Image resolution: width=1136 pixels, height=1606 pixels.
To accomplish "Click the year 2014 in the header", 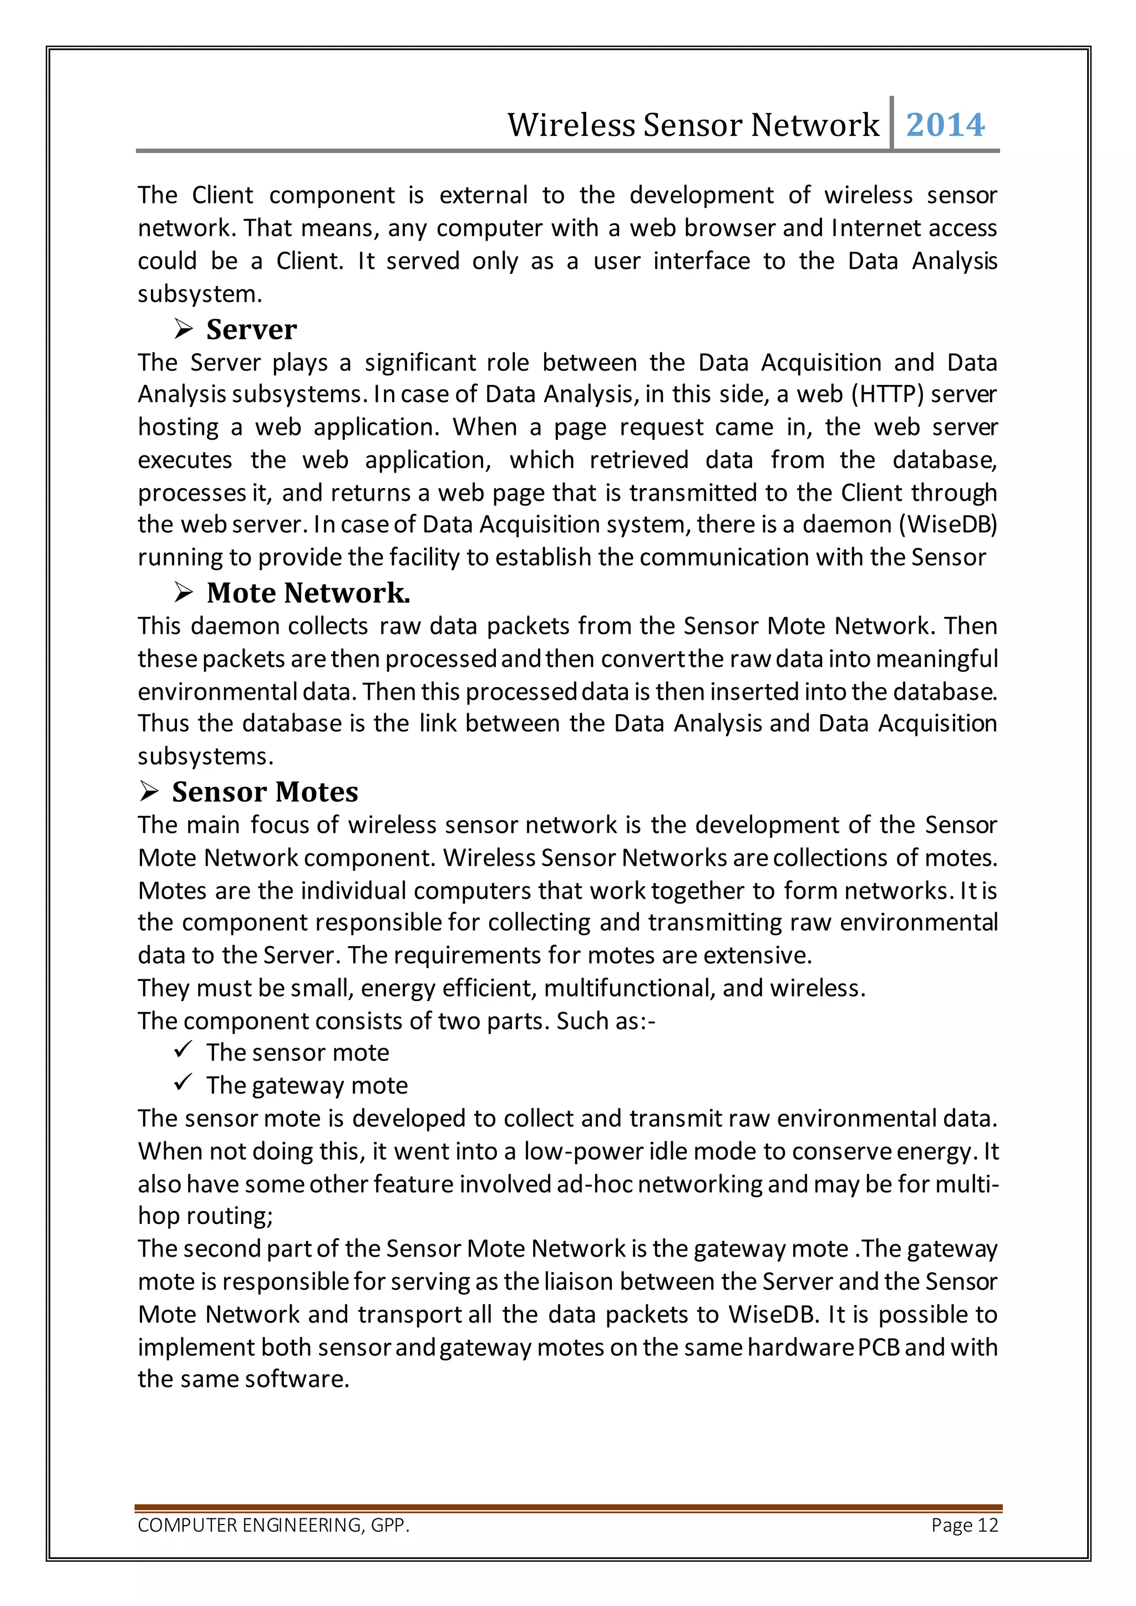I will pos(945,125).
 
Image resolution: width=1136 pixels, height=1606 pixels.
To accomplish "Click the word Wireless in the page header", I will pos(570,125).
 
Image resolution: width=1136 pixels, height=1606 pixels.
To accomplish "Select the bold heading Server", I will pos(251,329).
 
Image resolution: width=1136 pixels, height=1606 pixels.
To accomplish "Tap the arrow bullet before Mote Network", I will pos(183,593).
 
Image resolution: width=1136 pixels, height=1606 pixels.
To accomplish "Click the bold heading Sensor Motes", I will pos(265,792).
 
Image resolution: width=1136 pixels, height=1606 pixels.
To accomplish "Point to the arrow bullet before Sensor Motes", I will pos(149,792).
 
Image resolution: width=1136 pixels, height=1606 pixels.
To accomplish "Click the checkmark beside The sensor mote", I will pos(183,1049).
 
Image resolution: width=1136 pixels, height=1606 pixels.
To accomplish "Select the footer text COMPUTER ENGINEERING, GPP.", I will pos(273,1525).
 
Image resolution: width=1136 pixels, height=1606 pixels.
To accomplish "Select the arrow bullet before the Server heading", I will pos(183,329).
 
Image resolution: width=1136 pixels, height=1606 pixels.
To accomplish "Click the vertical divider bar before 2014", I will pos(892,123).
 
